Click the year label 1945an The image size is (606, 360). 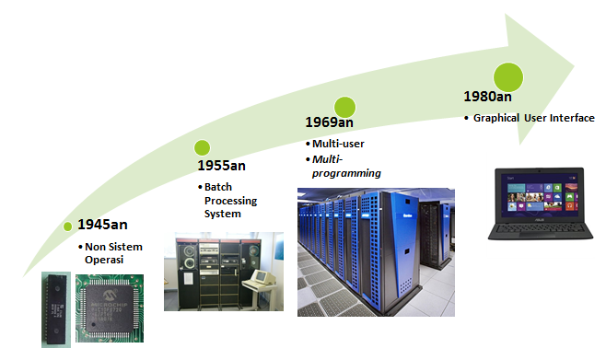click(x=102, y=225)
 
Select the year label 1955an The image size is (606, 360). click(x=221, y=166)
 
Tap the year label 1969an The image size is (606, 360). click(x=330, y=122)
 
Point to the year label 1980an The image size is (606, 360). click(x=487, y=96)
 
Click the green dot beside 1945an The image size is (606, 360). click(x=67, y=226)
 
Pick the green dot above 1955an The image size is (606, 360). click(x=202, y=147)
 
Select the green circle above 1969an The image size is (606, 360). click(x=344, y=107)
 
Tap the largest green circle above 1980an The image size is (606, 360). click(x=508, y=77)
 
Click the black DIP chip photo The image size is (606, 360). click(x=56, y=309)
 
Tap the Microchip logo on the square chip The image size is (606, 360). click(x=110, y=296)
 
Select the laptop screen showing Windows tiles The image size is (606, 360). click(x=540, y=193)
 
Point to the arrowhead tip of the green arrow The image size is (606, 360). click(x=575, y=66)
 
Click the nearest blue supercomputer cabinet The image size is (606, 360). click(x=390, y=251)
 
